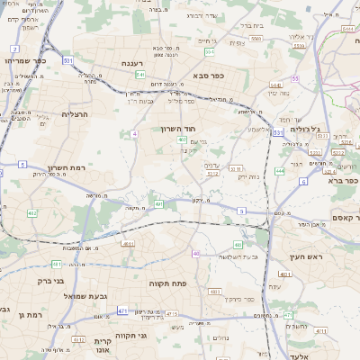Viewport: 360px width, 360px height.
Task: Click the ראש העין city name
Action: point(304,258)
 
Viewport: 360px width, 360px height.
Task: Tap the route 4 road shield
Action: point(133,133)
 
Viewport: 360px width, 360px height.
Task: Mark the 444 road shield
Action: point(280,170)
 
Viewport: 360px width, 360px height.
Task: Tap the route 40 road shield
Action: point(195,254)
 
